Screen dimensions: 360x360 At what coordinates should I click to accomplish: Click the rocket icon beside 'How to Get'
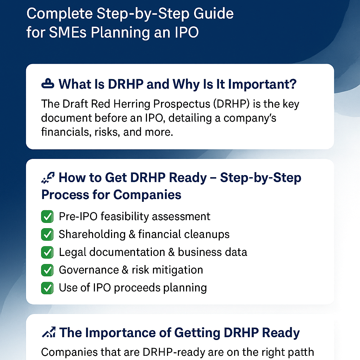47,178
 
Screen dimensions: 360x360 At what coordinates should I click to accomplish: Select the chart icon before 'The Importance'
48,332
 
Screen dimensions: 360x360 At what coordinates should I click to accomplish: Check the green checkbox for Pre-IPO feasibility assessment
47,216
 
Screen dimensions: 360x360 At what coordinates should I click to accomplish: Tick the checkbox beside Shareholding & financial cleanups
47,234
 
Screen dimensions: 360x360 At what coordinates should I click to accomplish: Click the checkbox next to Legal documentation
47,252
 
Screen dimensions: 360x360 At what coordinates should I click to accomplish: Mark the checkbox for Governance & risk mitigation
47,270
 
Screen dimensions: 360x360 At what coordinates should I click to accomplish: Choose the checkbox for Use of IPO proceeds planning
47,288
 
